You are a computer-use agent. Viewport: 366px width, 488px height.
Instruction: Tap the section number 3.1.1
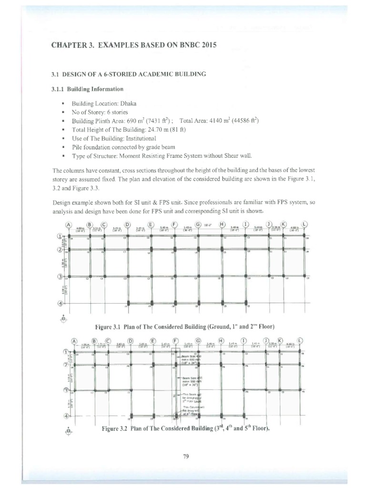pyautogui.click(x=58, y=89)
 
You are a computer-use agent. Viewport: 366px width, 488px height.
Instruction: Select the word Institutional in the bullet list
pyautogui.click(x=141, y=138)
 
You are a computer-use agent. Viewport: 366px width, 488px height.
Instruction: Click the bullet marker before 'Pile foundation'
pyautogui.click(x=62, y=147)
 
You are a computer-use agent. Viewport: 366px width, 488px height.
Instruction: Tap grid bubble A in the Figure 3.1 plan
pyautogui.click(x=68, y=225)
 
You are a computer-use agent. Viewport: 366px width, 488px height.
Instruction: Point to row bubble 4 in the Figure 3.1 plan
pyautogui.click(x=61, y=303)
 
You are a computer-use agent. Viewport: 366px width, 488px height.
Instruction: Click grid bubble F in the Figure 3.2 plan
pyautogui.click(x=175, y=341)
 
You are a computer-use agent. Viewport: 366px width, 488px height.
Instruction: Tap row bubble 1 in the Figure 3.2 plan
pyautogui.click(x=65, y=352)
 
